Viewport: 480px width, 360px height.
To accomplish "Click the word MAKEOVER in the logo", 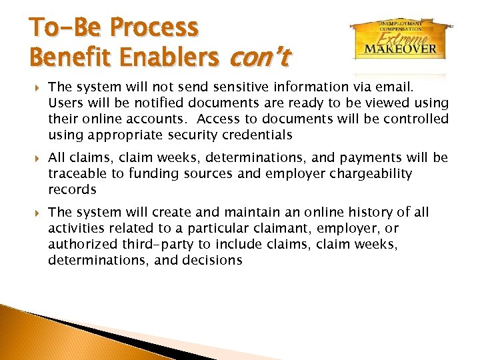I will (400, 49).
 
